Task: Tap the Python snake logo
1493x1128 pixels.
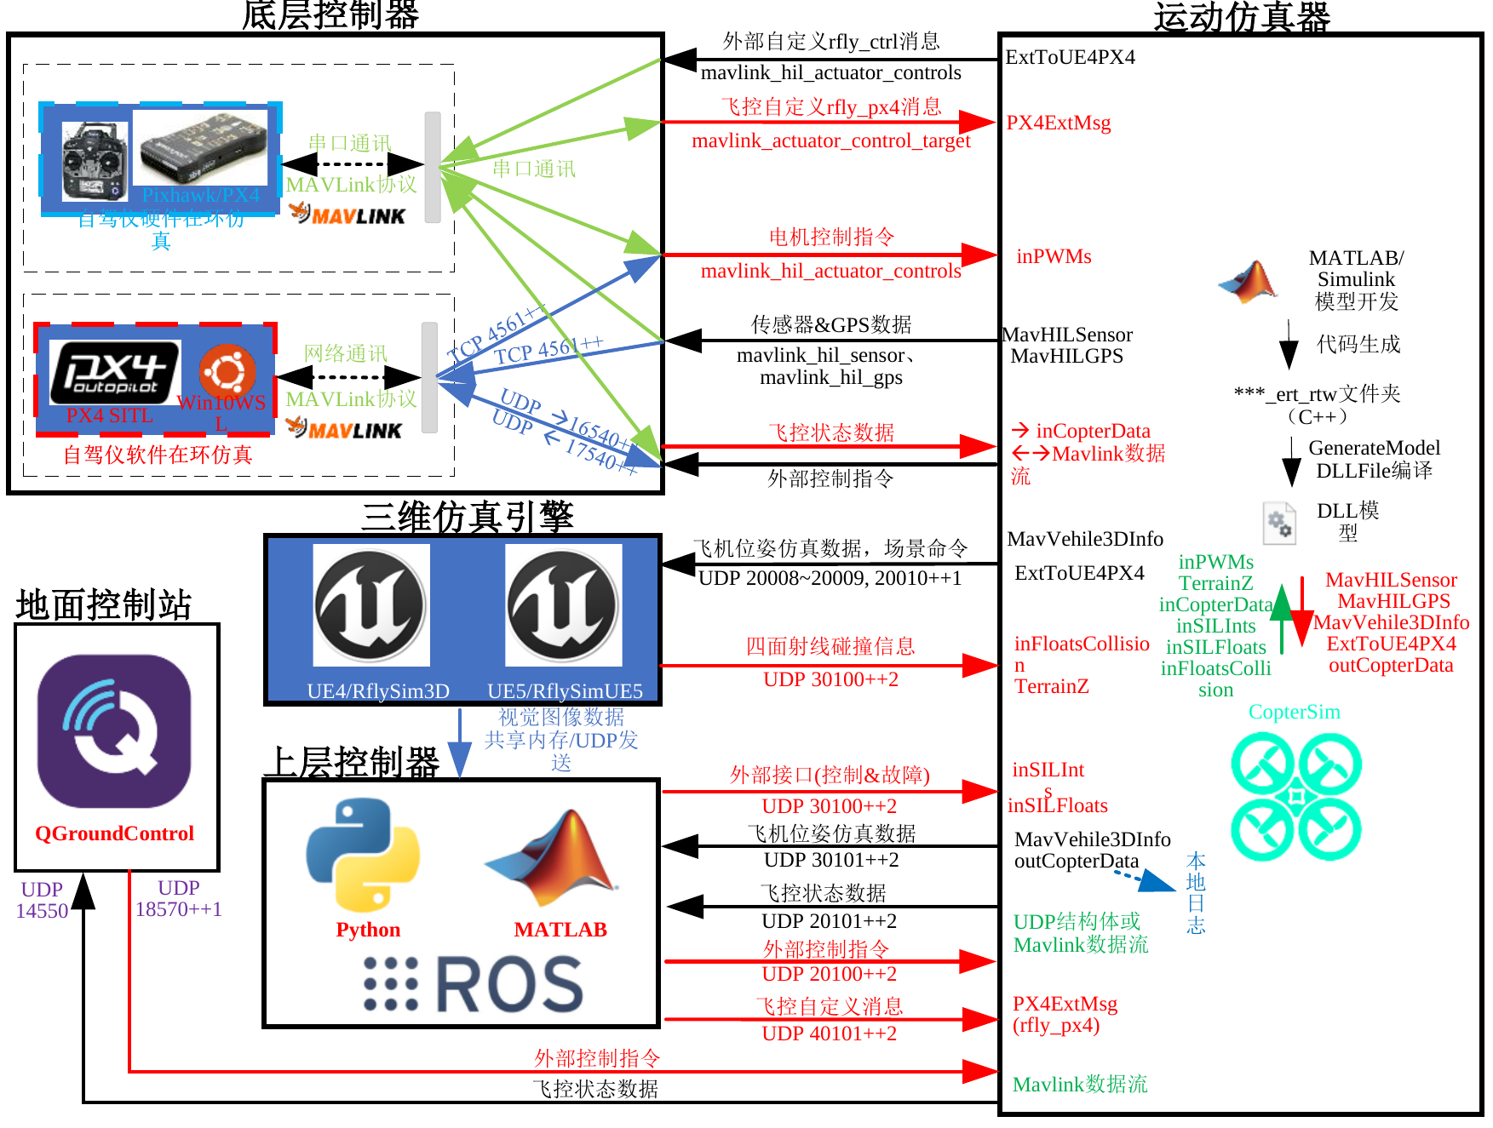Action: tap(363, 854)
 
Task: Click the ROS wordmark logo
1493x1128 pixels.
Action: tap(474, 985)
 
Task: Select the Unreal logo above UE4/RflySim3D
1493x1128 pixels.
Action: tap(370, 606)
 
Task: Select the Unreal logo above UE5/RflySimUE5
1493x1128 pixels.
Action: tap(563, 606)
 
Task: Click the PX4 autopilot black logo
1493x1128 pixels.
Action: tap(114, 372)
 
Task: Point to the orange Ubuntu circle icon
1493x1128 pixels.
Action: tap(227, 371)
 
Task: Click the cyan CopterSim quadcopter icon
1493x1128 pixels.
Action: tap(1295, 797)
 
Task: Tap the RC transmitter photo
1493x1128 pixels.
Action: tap(95, 162)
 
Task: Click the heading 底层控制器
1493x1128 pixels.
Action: tap(330, 15)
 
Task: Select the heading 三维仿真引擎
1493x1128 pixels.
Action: tap(467, 516)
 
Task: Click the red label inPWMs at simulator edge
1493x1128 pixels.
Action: tap(1054, 256)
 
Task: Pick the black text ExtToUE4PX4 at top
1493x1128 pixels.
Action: tap(1071, 57)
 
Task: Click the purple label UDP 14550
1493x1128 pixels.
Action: tap(42, 900)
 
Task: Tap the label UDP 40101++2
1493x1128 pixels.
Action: tap(829, 1034)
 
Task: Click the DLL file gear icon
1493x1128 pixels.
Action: tap(1278, 523)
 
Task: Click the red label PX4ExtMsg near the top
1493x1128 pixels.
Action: tap(1059, 123)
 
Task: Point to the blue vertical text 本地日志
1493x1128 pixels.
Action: tap(1196, 892)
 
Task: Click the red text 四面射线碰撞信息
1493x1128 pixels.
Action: tap(830, 646)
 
